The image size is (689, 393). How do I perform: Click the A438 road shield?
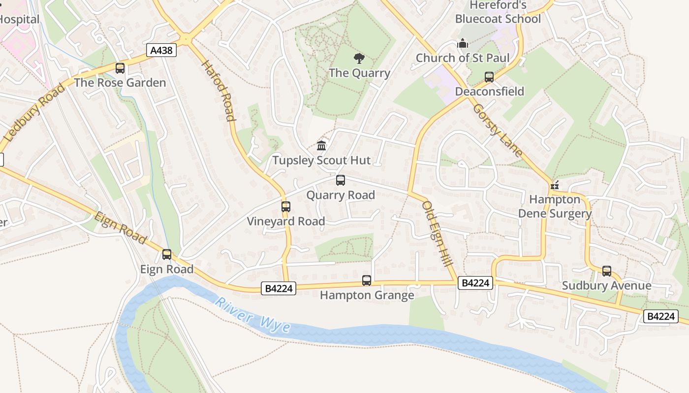coord(161,50)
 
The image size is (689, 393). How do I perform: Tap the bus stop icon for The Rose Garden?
coord(120,68)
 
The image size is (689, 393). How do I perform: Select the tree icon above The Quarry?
coord(359,58)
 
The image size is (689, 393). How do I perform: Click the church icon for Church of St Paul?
coord(462,44)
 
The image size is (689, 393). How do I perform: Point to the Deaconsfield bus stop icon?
coord(489,77)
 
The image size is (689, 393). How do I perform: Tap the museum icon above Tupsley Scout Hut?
coord(321,145)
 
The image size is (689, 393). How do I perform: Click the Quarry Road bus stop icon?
coord(341,180)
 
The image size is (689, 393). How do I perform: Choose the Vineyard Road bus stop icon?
coord(286,207)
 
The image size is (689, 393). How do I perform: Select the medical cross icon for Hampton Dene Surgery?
coord(555,186)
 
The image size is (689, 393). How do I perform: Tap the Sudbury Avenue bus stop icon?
coord(607,271)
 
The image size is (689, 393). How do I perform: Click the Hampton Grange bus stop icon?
coord(367,281)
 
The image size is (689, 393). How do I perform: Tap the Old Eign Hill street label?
coord(437,234)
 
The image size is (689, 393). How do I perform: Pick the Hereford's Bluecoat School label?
coord(498,12)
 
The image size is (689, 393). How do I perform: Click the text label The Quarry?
coord(359,73)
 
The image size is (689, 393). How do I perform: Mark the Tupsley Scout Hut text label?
coord(322,160)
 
